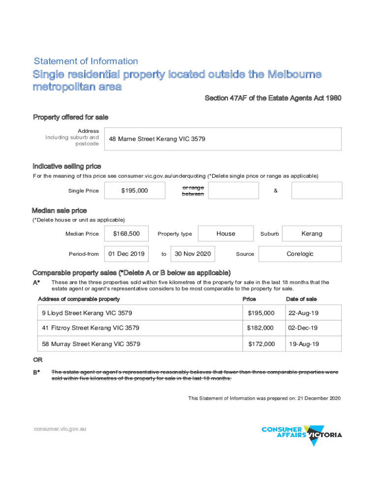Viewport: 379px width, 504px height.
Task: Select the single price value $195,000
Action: [134, 190]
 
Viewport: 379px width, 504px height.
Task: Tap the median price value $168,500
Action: [126, 234]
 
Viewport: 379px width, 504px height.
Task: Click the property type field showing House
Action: [226, 234]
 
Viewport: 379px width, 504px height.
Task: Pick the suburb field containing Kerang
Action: [312, 234]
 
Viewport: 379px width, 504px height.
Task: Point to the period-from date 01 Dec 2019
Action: [126, 254]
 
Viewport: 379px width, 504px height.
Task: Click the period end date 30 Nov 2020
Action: [193, 254]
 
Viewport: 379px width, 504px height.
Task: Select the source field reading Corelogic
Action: [300, 254]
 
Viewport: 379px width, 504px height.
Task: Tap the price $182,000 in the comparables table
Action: [261, 328]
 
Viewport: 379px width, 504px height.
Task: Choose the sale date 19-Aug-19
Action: [304, 344]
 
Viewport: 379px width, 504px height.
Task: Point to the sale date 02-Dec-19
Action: [303, 328]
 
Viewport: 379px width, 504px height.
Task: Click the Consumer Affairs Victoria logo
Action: [301, 435]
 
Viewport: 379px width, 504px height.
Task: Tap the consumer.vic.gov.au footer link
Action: [60, 429]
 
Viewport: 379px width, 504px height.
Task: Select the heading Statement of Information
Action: [86, 62]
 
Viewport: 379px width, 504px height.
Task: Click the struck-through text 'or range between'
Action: [193, 190]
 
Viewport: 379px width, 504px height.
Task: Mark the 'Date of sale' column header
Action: [301, 299]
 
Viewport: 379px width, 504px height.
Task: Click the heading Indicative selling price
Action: [67, 166]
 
